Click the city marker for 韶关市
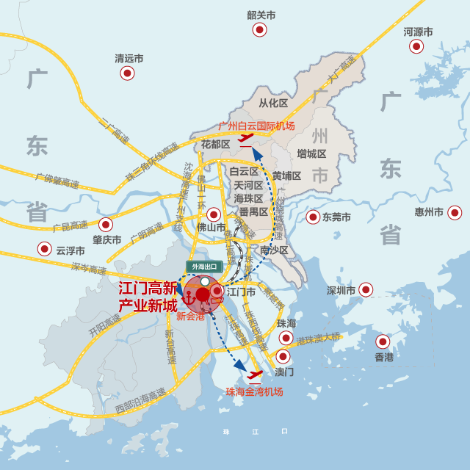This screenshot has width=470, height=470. [260, 29]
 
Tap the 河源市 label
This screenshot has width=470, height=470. [418, 32]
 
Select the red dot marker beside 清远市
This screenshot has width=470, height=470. [127, 73]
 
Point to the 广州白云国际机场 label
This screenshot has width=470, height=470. [256, 126]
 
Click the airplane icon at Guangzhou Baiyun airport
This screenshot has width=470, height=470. [246, 139]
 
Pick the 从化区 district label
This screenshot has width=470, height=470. [273, 103]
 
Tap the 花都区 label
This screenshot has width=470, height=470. [216, 144]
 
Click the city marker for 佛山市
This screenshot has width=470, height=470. [214, 214]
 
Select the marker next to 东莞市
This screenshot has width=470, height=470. [313, 217]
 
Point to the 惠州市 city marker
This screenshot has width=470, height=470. [455, 212]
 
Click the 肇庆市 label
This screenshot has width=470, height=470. [106, 239]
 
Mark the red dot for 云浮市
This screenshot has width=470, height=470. [45, 250]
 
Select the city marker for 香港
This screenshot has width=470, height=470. [383, 341]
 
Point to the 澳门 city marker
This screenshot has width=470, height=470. [283, 357]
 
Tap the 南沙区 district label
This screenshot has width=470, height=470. [284, 251]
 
